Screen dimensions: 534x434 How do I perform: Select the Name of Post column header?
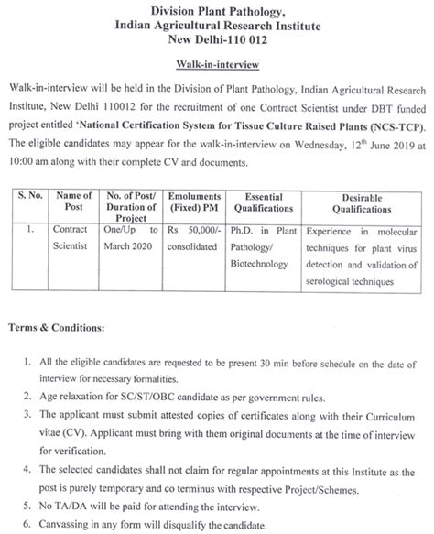click(80, 199)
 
